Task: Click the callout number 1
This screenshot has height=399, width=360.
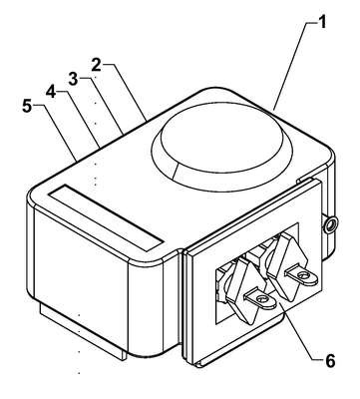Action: pyautogui.click(x=322, y=22)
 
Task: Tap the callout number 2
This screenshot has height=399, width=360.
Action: pyautogui.click(x=96, y=65)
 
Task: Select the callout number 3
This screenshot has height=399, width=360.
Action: pyautogui.click(x=73, y=79)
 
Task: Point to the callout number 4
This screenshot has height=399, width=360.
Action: pyautogui.click(x=51, y=92)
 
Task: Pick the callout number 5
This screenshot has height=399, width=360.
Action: pyautogui.click(x=28, y=106)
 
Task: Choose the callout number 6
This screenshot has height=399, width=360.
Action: pyautogui.click(x=330, y=361)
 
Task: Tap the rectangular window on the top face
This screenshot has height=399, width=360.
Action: pyautogui.click(x=106, y=217)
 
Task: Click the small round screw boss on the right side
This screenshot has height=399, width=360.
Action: pyautogui.click(x=330, y=224)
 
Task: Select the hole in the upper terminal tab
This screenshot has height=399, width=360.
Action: pyautogui.click(x=302, y=275)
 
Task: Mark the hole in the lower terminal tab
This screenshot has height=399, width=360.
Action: pyautogui.click(x=262, y=297)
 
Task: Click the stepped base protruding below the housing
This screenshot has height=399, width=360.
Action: pyautogui.click(x=83, y=332)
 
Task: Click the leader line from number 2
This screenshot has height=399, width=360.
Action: pyautogui.click(x=129, y=92)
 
